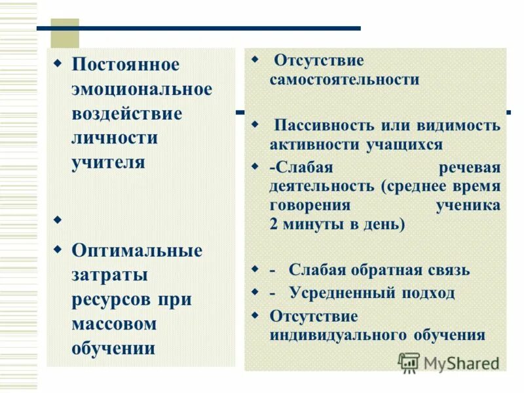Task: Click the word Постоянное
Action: coord(125,65)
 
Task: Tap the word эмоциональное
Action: coord(141,89)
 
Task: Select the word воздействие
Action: coord(126,113)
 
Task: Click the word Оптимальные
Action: coord(137,250)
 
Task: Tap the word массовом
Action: coord(114,324)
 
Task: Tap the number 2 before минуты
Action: coord(273,224)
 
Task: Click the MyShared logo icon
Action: coord(409,362)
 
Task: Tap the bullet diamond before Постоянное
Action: coord(56,64)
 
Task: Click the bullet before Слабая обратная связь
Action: coord(255,269)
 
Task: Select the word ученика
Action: coord(468,205)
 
